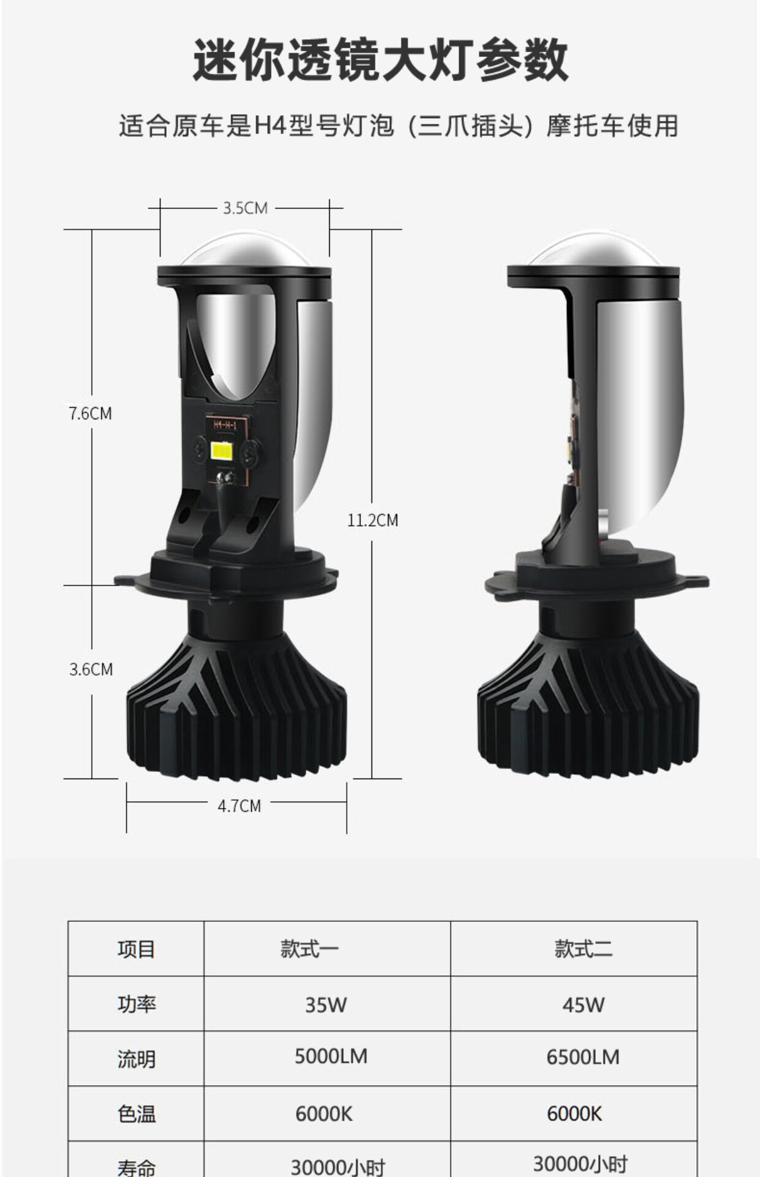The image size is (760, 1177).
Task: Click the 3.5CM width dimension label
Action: [x=245, y=208]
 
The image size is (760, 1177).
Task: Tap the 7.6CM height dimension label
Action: [x=90, y=413]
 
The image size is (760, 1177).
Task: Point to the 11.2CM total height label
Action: [x=373, y=520]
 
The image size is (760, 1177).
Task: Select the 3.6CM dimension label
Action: [x=91, y=669]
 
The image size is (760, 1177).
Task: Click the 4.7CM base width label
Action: [x=239, y=806]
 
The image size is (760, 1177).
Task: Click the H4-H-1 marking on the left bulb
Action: [x=225, y=424]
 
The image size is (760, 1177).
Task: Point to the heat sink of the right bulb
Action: [x=588, y=705]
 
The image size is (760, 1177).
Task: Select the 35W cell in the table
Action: [x=326, y=1005]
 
